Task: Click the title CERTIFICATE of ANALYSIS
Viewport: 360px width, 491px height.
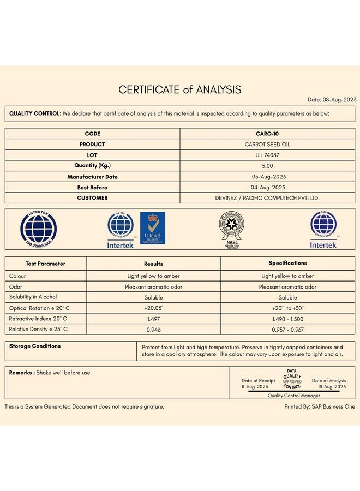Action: tap(180, 89)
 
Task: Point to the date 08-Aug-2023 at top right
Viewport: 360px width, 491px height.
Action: tap(332, 100)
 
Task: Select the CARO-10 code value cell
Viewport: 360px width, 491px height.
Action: tap(267, 134)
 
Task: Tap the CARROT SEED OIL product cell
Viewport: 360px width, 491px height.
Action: tap(267, 145)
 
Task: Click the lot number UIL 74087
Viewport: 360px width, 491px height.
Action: tap(267, 155)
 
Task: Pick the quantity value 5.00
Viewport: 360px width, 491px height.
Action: tap(267, 166)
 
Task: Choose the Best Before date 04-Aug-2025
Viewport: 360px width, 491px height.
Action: tap(267, 187)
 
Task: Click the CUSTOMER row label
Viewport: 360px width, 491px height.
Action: tap(92, 198)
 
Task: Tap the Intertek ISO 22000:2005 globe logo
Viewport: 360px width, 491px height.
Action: tap(38, 229)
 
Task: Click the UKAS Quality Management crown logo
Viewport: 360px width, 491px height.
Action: tap(153, 228)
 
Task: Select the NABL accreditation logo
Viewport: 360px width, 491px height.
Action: tap(232, 229)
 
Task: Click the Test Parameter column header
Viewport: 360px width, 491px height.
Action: tap(45, 264)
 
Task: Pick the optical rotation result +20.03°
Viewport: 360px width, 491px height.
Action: tap(153, 308)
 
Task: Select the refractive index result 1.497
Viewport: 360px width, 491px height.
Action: tap(153, 319)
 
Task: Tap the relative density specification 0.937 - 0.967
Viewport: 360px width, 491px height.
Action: tap(287, 330)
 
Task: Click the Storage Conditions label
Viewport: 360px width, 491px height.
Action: tap(35, 346)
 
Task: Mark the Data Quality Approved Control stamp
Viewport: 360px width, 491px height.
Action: tap(292, 379)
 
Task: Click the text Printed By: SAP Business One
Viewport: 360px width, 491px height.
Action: tap(320, 406)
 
